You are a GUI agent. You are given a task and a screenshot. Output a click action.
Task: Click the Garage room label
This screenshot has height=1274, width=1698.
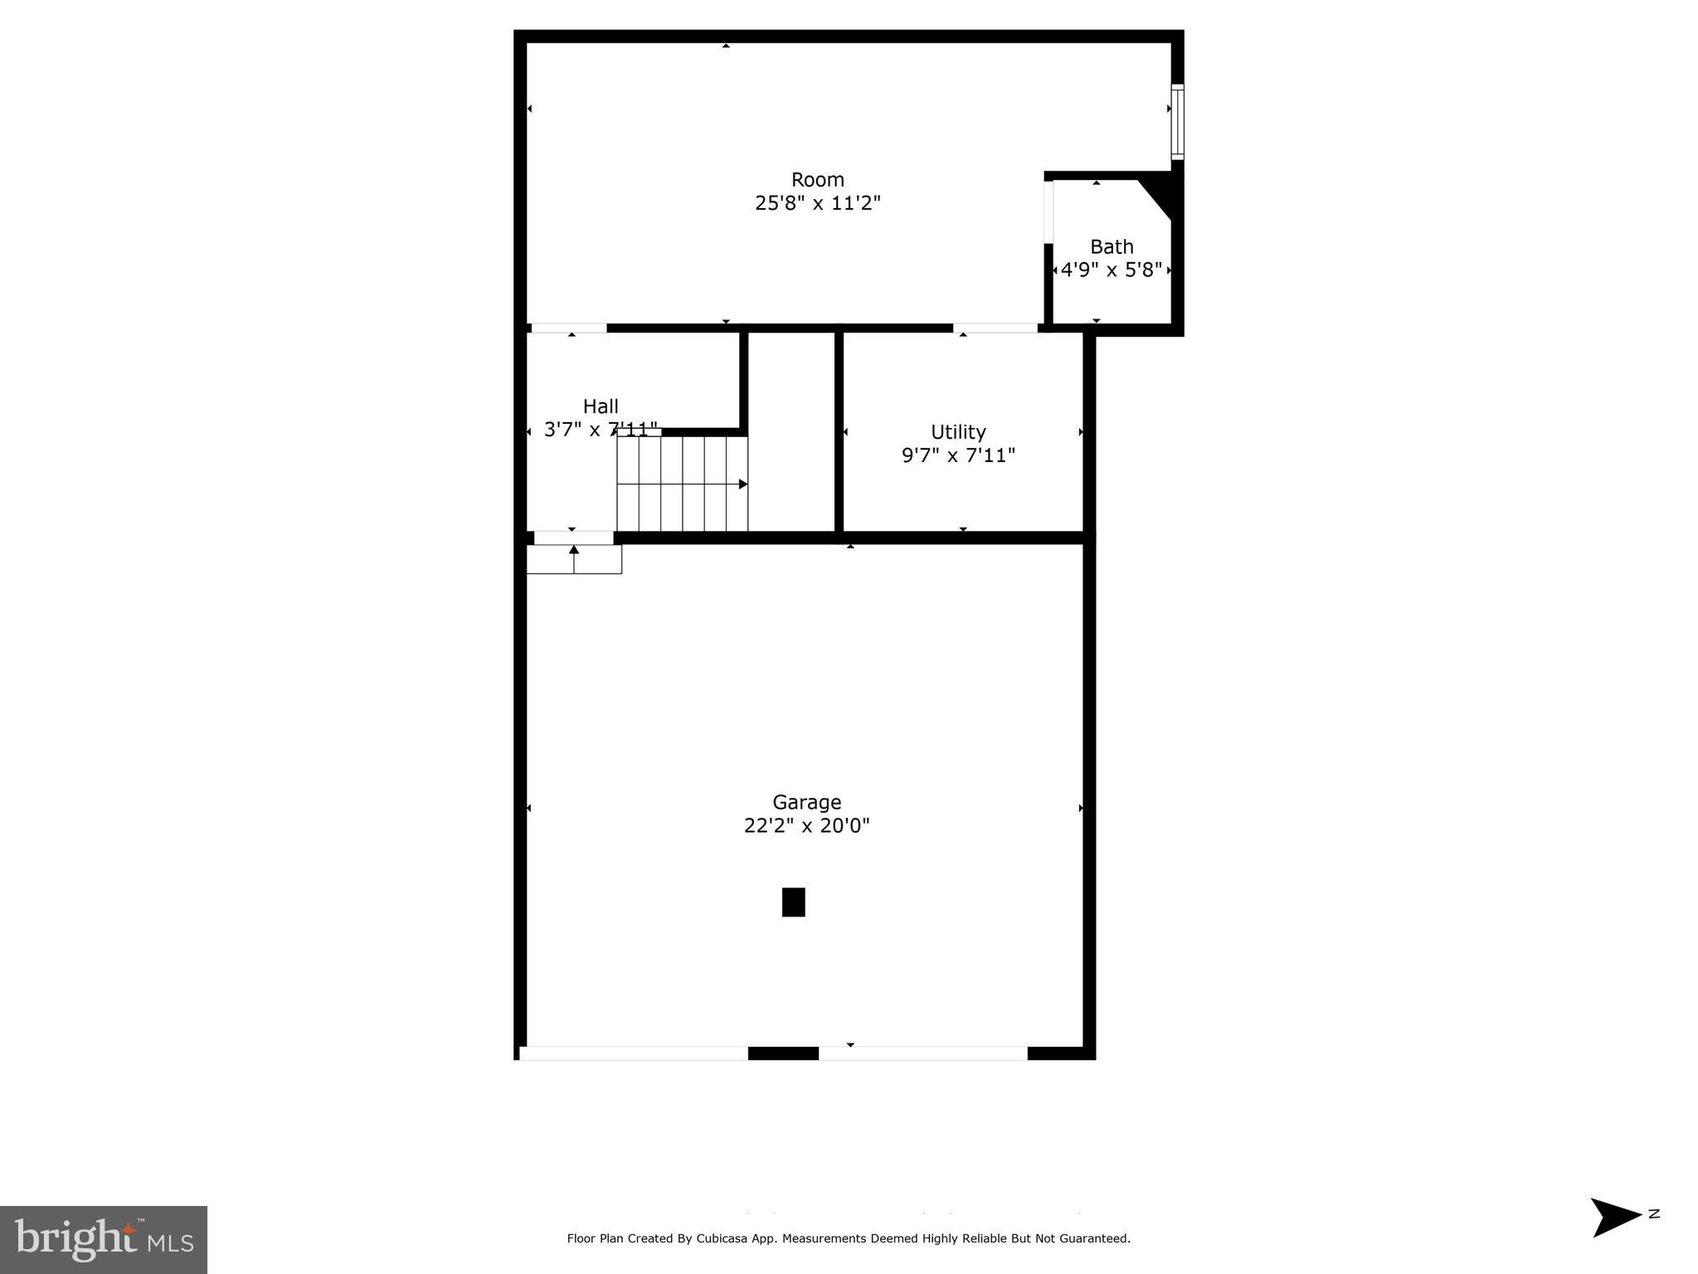[806, 802]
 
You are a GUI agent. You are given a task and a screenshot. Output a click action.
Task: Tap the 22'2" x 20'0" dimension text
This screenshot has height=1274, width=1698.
[806, 825]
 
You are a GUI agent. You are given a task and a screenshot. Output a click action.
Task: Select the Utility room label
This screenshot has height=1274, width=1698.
[958, 432]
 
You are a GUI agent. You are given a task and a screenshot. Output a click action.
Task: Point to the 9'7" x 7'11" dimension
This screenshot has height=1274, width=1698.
[958, 455]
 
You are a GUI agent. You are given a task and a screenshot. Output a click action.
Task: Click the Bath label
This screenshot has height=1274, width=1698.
[1112, 247]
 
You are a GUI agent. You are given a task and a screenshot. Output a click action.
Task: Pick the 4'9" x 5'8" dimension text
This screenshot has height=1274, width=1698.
[1112, 270]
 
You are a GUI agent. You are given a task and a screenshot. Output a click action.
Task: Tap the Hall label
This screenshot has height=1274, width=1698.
[601, 406]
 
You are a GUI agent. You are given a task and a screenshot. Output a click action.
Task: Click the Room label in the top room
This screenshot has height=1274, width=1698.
[818, 180]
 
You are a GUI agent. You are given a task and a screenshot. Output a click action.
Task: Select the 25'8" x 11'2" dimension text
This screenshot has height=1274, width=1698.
[818, 203]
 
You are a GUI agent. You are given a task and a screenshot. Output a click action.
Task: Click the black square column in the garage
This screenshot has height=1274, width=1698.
[793, 902]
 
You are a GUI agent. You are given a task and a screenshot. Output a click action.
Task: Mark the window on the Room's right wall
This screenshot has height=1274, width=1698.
[1177, 122]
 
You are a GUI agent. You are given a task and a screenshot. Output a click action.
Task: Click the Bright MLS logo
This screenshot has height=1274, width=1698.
[104, 1240]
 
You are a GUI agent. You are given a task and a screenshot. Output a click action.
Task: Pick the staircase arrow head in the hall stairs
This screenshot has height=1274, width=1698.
[743, 484]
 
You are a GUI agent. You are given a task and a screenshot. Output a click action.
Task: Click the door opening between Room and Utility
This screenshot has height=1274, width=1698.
[995, 328]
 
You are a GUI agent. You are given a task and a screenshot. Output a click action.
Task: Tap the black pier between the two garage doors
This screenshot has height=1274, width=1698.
[783, 1053]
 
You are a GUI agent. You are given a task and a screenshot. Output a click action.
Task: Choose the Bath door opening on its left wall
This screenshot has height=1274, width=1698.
[1048, 212]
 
